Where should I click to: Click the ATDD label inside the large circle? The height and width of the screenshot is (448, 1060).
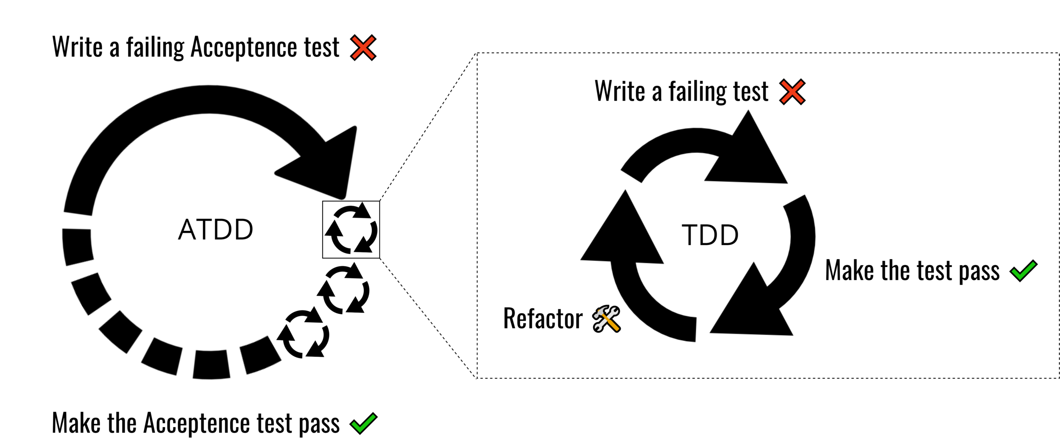(215, 230)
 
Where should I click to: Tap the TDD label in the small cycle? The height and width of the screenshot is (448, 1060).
(710, 235)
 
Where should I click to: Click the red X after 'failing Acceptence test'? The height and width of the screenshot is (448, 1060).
(363, 48)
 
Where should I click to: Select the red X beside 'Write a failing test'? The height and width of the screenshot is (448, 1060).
(792, 92)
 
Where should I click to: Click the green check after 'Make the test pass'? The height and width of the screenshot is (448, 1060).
(1023, 271)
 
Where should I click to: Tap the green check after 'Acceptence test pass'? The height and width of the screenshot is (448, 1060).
(363, 423)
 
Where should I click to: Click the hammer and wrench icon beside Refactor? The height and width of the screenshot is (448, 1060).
(606, 319)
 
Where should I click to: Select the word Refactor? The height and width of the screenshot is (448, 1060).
(543, 319)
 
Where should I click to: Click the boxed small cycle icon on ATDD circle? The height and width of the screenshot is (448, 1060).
(351, 230)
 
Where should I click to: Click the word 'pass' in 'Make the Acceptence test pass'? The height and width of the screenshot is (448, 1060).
(319, 423)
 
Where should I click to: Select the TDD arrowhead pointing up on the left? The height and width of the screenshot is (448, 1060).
(623, 233)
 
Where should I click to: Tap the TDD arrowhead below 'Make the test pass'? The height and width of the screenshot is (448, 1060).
(753, 305)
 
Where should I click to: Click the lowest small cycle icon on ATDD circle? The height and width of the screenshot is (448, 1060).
(303, 333)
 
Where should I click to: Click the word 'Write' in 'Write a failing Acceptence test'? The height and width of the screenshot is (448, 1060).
(78, 47)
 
